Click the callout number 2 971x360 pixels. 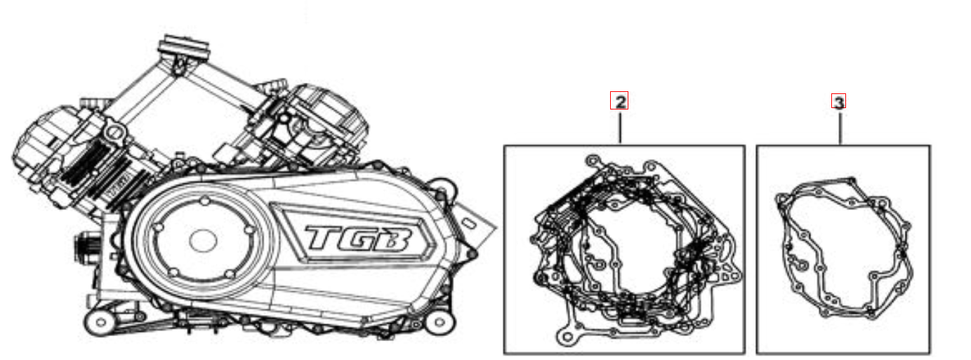[619, 102]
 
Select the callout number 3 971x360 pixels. [838, 102]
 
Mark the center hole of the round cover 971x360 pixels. [202, 241]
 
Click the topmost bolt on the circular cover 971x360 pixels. [204, 202]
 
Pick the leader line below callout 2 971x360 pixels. [620, 127]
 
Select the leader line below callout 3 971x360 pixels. [839, 127]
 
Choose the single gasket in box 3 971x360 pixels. [843, 249]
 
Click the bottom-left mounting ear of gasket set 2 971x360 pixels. [564, 340]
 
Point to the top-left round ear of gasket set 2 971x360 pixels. [593, 163]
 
